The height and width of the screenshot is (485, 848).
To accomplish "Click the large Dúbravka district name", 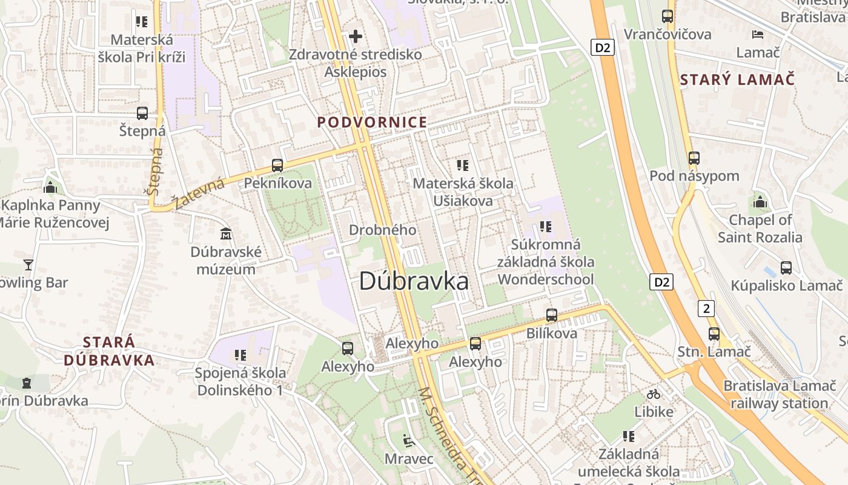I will tap(414, 281).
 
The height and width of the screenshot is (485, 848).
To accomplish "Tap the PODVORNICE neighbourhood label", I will tap(372, 122).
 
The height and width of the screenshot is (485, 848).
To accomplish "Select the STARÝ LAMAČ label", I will tap(737, 79).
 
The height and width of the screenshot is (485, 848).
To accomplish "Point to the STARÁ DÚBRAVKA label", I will tap(109, 351).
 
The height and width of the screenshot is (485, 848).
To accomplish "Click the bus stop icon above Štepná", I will tap(142, 113).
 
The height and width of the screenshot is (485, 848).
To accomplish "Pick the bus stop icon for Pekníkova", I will tap(277, 165).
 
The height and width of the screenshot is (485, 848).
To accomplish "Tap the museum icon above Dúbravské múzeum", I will tap(226, 233).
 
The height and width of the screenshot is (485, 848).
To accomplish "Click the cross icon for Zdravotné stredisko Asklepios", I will tap(356, 36).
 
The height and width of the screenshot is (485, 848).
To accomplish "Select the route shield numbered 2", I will tap(706, 308).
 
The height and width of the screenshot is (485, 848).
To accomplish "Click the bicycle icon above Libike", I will tap(654, 394).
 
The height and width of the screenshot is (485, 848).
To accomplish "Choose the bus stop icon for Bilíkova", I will tap(552, 315).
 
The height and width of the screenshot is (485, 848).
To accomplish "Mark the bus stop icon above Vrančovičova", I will tap(667, 16).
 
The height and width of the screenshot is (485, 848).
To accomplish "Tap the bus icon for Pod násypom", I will tap(694, 158).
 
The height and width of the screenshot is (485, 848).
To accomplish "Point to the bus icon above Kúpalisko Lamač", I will tap(786, 267).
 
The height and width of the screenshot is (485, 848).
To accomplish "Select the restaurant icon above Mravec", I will tap(409, 440).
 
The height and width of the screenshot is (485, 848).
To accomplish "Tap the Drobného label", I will tap(382, 230).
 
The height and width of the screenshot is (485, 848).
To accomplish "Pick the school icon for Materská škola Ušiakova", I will tap(463, 165).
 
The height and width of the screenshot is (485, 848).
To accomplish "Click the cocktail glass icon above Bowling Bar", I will tap(28, 264).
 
